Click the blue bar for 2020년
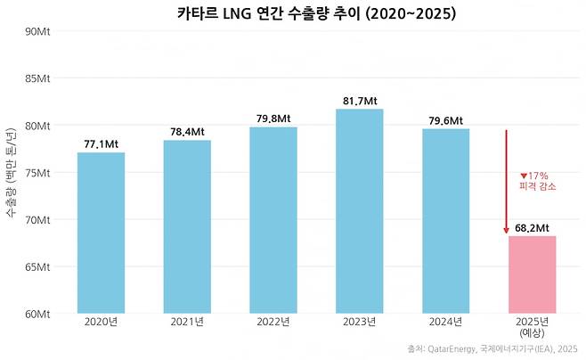tap(101, 233)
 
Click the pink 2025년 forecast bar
tap(532, 274)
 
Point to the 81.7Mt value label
tap(359, 102)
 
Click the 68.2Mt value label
tap(532, 228)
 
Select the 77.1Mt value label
tap(101, 144)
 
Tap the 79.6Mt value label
tap(445, 121)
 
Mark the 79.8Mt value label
tap(273, 119)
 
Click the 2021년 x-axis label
tap(187, 322)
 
